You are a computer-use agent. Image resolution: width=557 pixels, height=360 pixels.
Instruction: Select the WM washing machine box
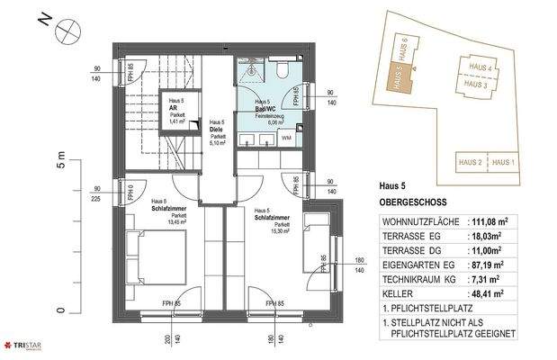pos(287,138)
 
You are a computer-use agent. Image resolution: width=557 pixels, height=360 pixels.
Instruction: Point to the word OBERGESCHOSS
pos(413,203)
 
